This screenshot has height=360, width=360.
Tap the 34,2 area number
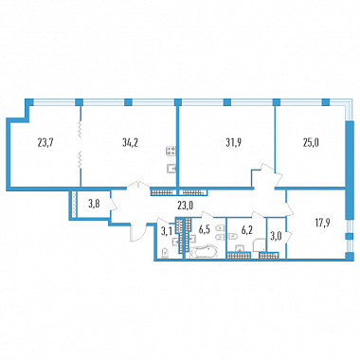click(131, 143)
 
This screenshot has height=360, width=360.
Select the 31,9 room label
click(233, 143)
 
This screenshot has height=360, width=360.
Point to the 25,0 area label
click(310, 143)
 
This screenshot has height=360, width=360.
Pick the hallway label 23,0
click(185, 206)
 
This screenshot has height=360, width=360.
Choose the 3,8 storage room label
click(94, 205)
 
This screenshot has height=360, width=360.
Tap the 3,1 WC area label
click(166, 232)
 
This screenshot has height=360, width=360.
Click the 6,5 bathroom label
click(205, 229)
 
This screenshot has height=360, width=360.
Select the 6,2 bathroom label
click(247, 229)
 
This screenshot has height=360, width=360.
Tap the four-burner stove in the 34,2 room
click(171, 151)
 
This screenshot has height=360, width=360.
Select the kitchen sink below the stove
click(171, 169)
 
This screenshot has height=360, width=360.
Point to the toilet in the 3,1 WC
click(164, 254)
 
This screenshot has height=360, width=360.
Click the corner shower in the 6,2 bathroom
click(260, 245)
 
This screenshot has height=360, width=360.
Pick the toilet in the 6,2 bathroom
click(233, 236)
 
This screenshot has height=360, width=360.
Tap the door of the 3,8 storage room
click(114, 205)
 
